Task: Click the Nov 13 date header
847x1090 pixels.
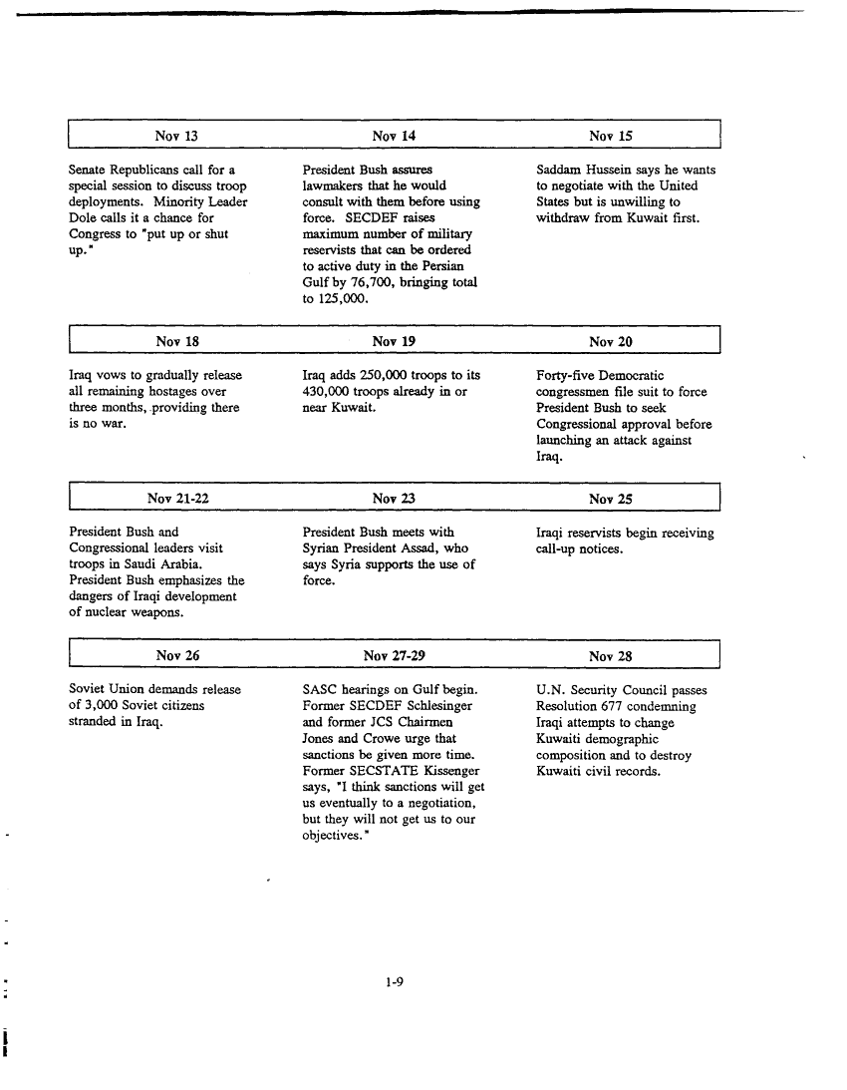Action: pos(178,136)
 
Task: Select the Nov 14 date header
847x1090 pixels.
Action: pos(394,136)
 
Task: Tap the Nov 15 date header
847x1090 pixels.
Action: pos(610,136)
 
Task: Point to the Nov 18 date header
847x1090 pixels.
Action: pos(178,342)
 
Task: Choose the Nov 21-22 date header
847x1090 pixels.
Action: pos(178,499)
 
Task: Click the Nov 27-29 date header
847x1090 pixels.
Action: pos(394,656)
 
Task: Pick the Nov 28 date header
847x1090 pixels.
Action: pos(610,656)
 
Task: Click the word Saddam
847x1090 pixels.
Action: pos(559,170)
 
